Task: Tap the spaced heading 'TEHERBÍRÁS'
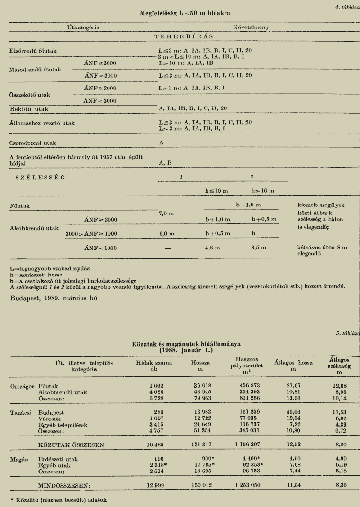(184, 36)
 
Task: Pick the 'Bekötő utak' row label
(29, 108)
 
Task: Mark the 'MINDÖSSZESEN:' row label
(64, 485)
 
